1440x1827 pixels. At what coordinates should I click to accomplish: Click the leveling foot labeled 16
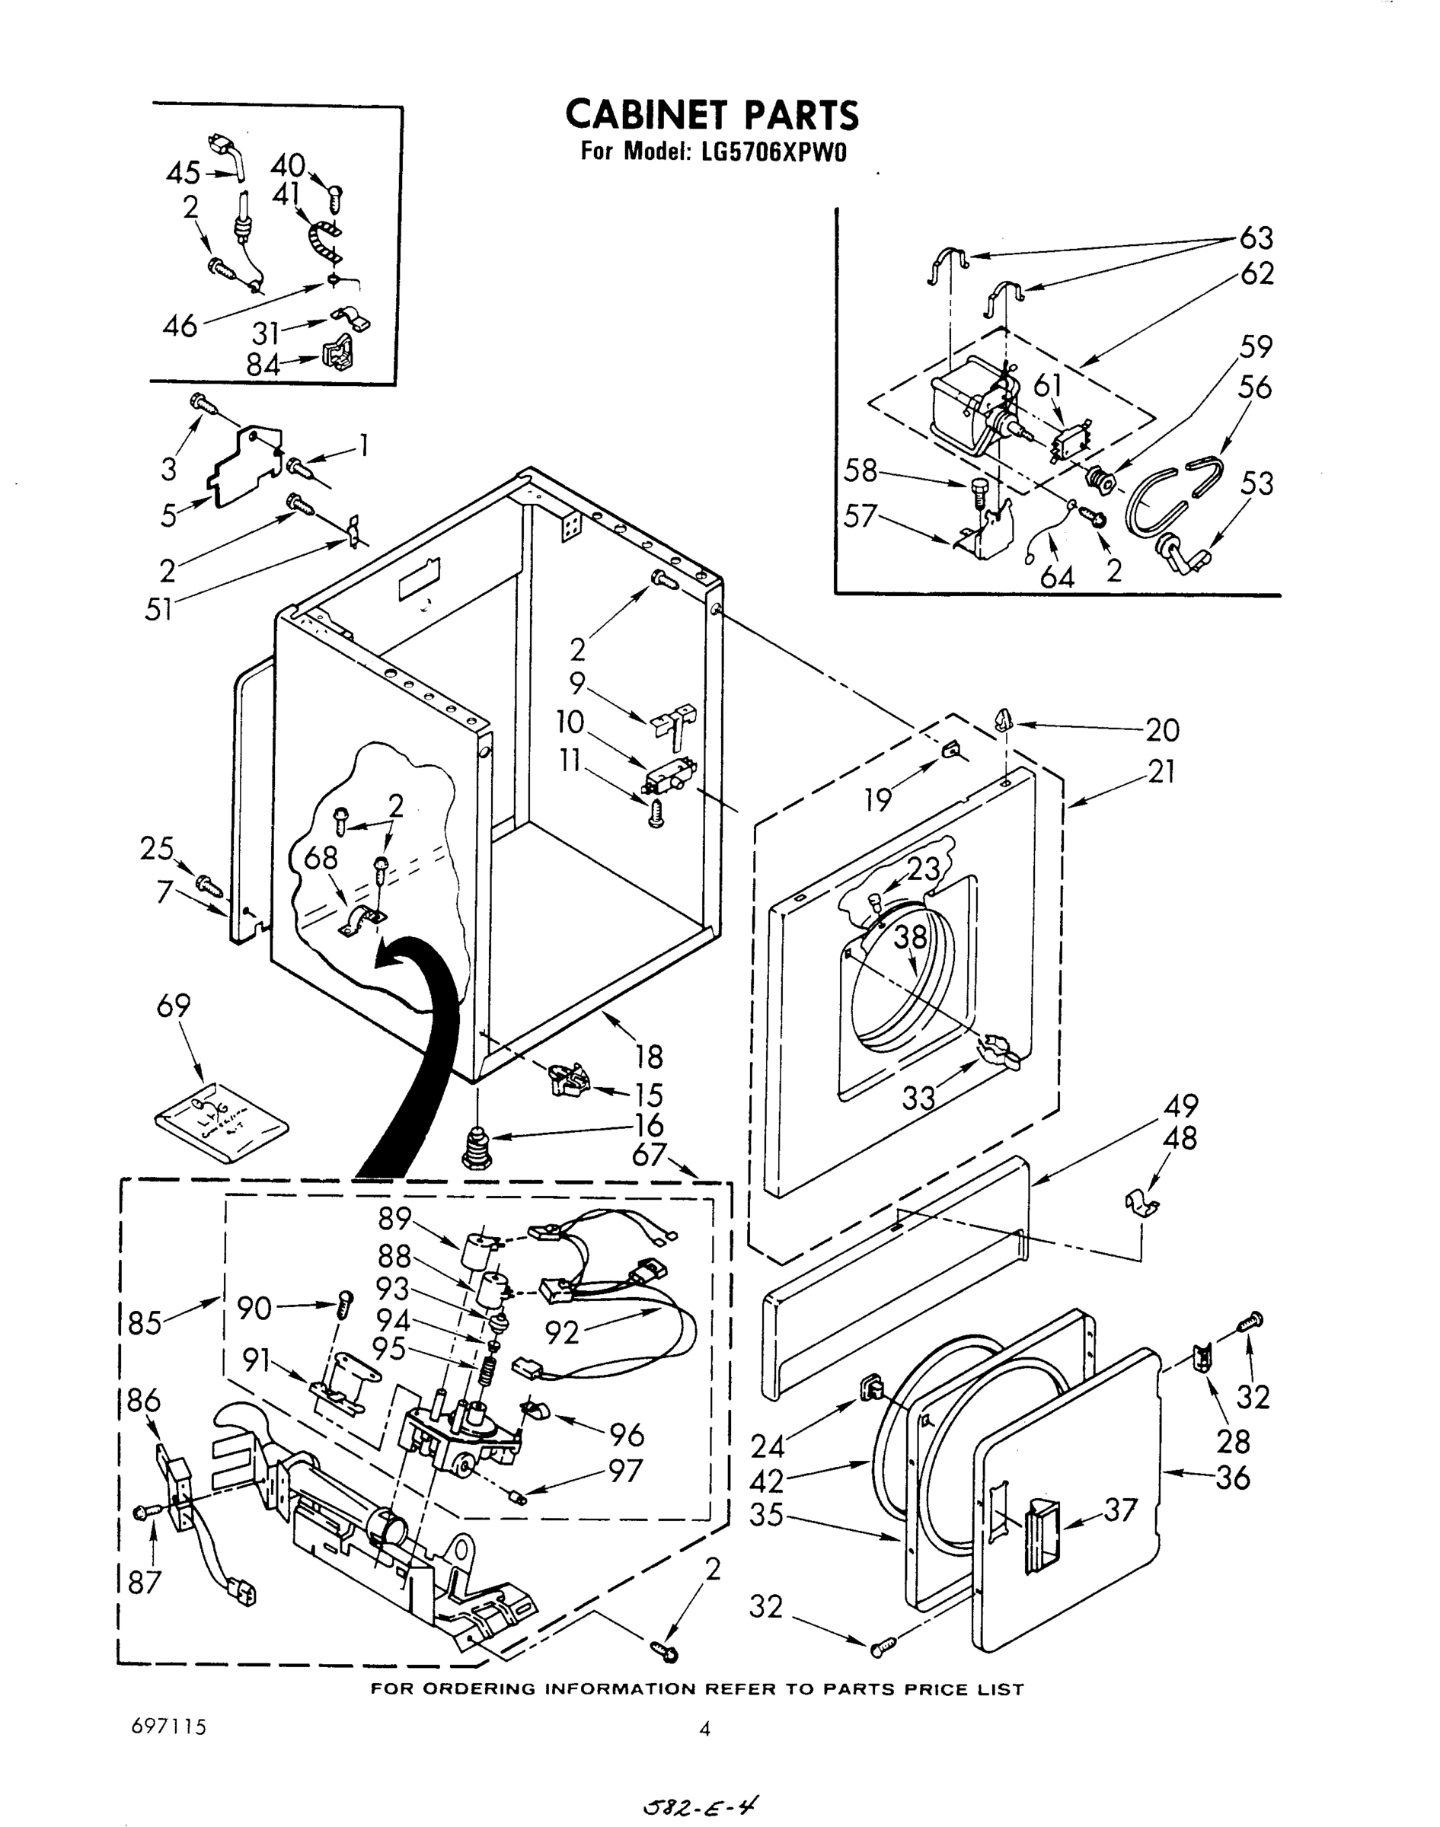click(x=479, y=1149)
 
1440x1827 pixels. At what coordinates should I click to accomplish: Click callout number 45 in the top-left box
click(x=183, y=174)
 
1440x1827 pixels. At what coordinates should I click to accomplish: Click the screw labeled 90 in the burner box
click(x=345, y=1306)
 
